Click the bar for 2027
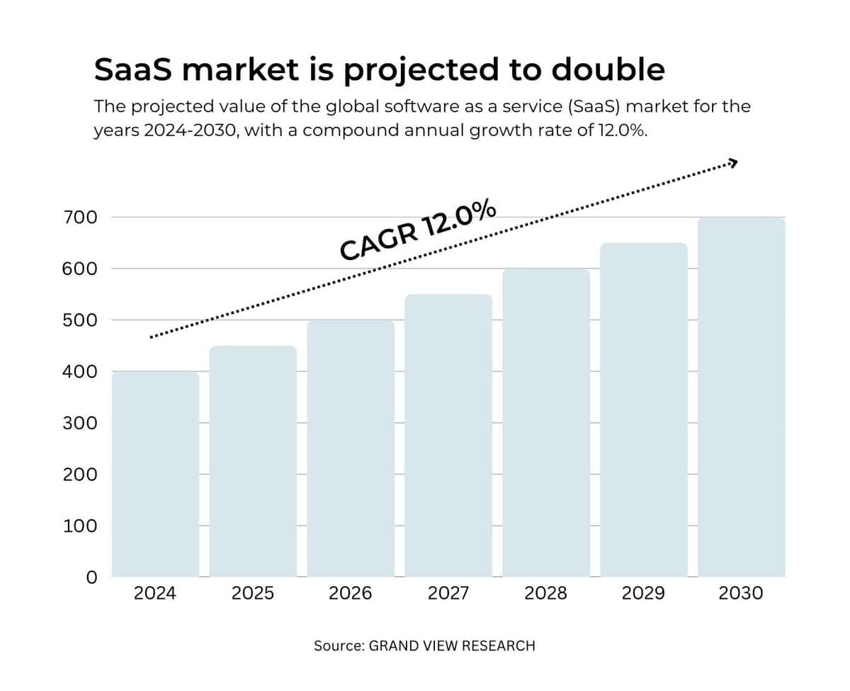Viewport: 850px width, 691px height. pyautogui.click(x=448, y=435)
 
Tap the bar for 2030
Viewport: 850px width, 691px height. pyautogui.click(x=741, y=397)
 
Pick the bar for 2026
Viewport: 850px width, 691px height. pyautogui.click(x=351, y=448)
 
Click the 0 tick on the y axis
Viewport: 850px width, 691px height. pyautogui.click(x=91, y=578)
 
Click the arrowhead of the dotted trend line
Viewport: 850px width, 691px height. pyautogui.click(x=733, y=164)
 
